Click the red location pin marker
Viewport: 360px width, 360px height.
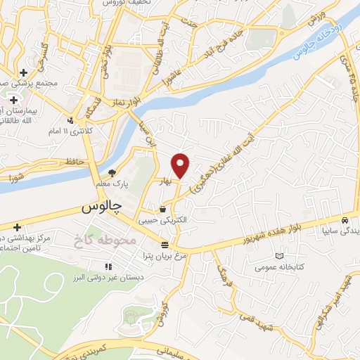click(x=181, y=165)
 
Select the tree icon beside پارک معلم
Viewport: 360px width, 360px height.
click(x=112, y=172)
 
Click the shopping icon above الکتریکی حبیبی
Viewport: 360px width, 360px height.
click(x=163, y=209)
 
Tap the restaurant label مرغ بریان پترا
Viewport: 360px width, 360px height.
click(x=165, y=256)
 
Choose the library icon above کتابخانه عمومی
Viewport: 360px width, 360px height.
click(x=280, y=256)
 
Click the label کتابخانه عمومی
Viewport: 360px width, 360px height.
click(x=280, y=268)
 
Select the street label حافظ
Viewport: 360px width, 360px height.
click(x=75, y=162)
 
